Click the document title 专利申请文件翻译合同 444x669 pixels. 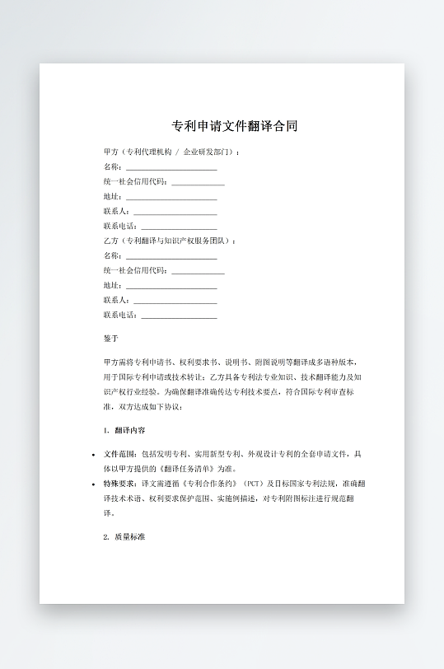234,126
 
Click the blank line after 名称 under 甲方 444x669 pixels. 171,166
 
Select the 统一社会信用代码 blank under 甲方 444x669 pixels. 198,181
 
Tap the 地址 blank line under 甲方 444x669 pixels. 171,196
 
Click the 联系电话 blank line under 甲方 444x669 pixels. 179,226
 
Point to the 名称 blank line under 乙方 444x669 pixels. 171,255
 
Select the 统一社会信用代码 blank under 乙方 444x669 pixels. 198,270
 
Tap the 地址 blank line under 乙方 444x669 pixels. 171,285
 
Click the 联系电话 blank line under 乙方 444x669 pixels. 179,315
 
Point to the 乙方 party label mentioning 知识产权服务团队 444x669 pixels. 170,241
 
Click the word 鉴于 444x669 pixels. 111,339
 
